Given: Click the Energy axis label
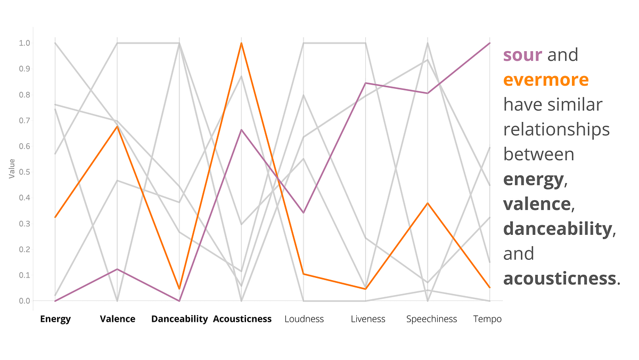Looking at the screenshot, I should [x=55, y=319].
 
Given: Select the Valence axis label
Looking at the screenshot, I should [x=118, y=319].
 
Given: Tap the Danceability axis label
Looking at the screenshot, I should [x=179, y=319].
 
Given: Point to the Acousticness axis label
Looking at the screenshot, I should [x=242, y=319].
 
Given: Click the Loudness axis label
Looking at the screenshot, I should [x=304, y=319].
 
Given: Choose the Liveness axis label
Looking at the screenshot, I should [x=367, y=319].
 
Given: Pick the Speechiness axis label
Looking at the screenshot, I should [x=431, y=319].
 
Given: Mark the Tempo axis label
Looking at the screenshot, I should [x=487, y=319].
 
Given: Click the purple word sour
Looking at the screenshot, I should [x=523, y=55].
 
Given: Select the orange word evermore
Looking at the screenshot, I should [x=546, y=80].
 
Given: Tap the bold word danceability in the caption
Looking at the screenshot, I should [x=557, y=228].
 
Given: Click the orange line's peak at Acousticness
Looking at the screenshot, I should [x=242, y=43].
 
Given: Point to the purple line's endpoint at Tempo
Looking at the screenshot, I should [x=489, y=43].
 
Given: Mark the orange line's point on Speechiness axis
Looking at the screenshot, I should [x=428, y=203].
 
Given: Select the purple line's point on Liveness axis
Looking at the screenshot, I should [x=366, y=83].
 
